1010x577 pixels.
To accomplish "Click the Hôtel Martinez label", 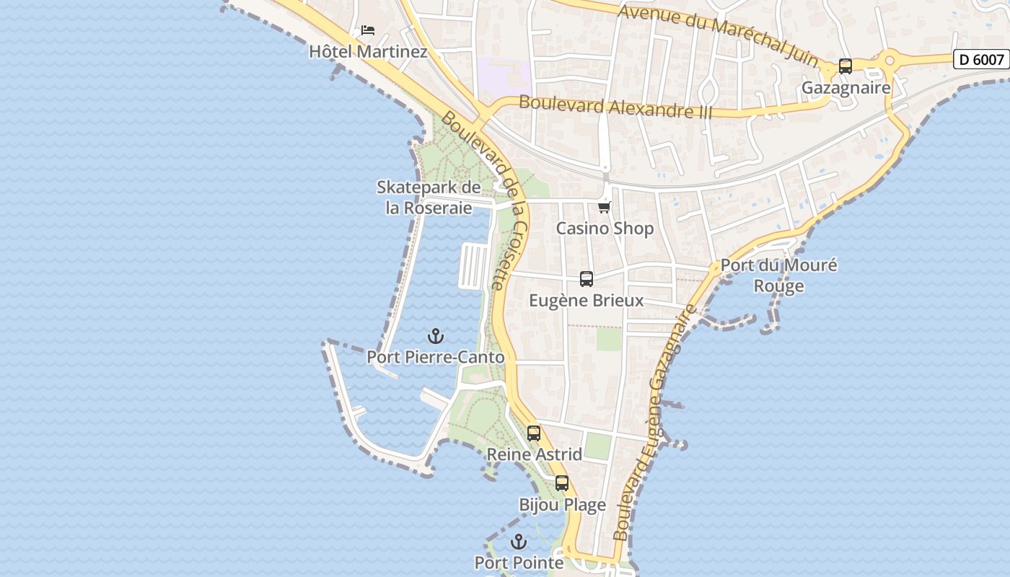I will [x=368, y=52].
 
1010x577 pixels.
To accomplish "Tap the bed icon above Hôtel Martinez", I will [x=368, y=30].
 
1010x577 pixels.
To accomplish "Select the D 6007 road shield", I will [x=981, y=59].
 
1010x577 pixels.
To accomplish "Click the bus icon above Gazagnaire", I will [x=846, y=66].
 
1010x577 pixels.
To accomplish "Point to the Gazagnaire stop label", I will [x=846, y=88].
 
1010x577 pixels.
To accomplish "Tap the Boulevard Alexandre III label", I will [x=615, y=106].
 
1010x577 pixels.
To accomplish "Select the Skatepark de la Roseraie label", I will [x=429, y=198].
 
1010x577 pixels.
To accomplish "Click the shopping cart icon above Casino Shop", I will [x=605, y=207].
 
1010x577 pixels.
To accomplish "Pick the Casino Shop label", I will [x=605, y=229].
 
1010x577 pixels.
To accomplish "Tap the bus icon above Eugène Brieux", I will [x=587, y=279].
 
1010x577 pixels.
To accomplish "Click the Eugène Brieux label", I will [x=587, y=301].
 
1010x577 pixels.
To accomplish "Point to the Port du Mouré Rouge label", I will [x=779, y=276].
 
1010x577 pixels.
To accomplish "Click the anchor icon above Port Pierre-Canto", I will [x=435, y=336].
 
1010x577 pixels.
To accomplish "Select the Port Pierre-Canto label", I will [x=435, y=357].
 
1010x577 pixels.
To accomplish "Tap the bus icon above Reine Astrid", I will [x=534, y=433].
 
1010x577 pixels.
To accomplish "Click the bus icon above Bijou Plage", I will [x=562, y=483].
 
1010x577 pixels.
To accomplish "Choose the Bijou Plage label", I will [x=562, y=505].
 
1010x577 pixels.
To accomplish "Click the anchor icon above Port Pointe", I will [x=519, y=542].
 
